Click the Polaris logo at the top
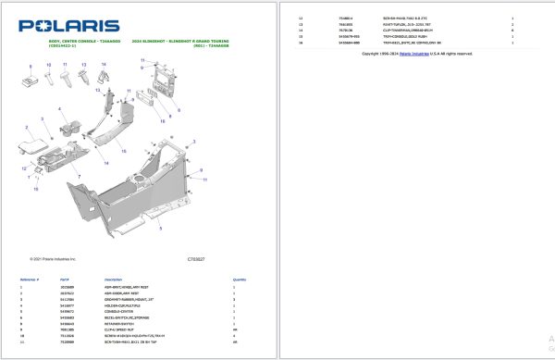(x=68, y=26)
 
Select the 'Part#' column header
(x=65, y=279)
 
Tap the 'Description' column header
(x=114, y=279)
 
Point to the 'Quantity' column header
(x=239, y=279)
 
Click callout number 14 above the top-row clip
(x=104, y=64)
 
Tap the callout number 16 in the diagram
(x=163, y=121)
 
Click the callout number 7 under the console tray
(x=80, y=175)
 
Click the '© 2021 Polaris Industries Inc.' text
(x=54, y=259)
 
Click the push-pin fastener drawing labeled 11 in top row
(x=66, y=80)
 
